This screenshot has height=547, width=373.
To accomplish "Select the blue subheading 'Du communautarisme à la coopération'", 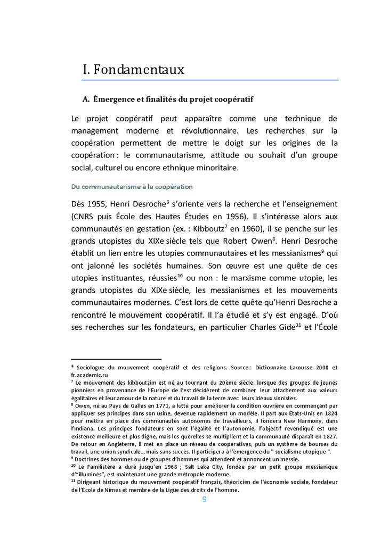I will click(x=132, y=187).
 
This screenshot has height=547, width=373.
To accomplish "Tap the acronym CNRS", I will click(x=87, y=217).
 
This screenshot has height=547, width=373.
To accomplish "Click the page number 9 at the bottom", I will click(x=204, y=499).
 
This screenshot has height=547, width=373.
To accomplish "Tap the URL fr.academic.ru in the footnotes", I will click(x=90, y=375).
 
